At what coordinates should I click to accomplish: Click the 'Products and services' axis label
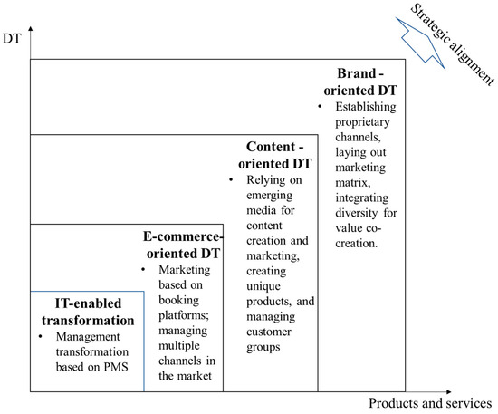coord(431,403)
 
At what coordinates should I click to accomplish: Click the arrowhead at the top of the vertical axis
coord(31,32)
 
